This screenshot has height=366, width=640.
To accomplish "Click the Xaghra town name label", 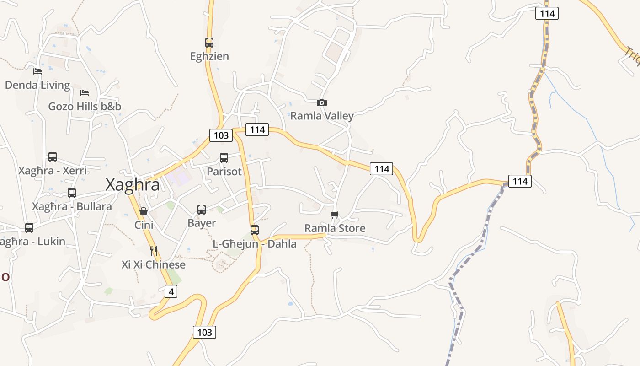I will [x=133, y=185].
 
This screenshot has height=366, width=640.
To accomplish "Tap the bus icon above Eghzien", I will [x=209, y=43].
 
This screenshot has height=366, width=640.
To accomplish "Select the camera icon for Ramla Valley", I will [x=322, y=102].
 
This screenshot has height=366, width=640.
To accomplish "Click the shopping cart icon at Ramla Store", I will [x=335, y=215].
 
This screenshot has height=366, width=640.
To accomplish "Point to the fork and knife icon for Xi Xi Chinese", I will [x=154, y=251].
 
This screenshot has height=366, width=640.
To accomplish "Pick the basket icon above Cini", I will [x=144, y=211].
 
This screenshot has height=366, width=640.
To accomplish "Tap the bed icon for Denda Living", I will [x=37, y=71].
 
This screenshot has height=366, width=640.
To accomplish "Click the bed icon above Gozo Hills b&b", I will [x=85, y=93].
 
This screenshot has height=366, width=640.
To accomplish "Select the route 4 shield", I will [x=171, y=291].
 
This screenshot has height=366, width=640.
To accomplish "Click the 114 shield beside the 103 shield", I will [x=257, y=129].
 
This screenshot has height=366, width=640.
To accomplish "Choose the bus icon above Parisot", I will [x=224, y=158].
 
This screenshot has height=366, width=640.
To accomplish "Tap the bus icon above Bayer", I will [x=202, y=210].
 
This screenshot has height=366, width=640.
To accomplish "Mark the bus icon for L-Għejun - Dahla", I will [x=255, y=230].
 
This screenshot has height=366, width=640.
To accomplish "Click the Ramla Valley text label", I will [x=322, y=116].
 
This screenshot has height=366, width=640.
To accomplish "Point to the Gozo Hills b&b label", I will [x=85, y=107].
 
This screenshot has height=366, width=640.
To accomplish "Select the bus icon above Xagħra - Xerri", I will [x=53, y=157].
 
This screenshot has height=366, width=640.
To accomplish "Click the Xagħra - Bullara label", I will [x=72, y=206].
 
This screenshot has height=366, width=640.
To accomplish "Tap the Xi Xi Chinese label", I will [x=154, y=264].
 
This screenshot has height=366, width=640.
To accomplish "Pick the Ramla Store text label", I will [x=335, y=228].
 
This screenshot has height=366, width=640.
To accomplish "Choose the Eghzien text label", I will [x=209, y=56].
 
